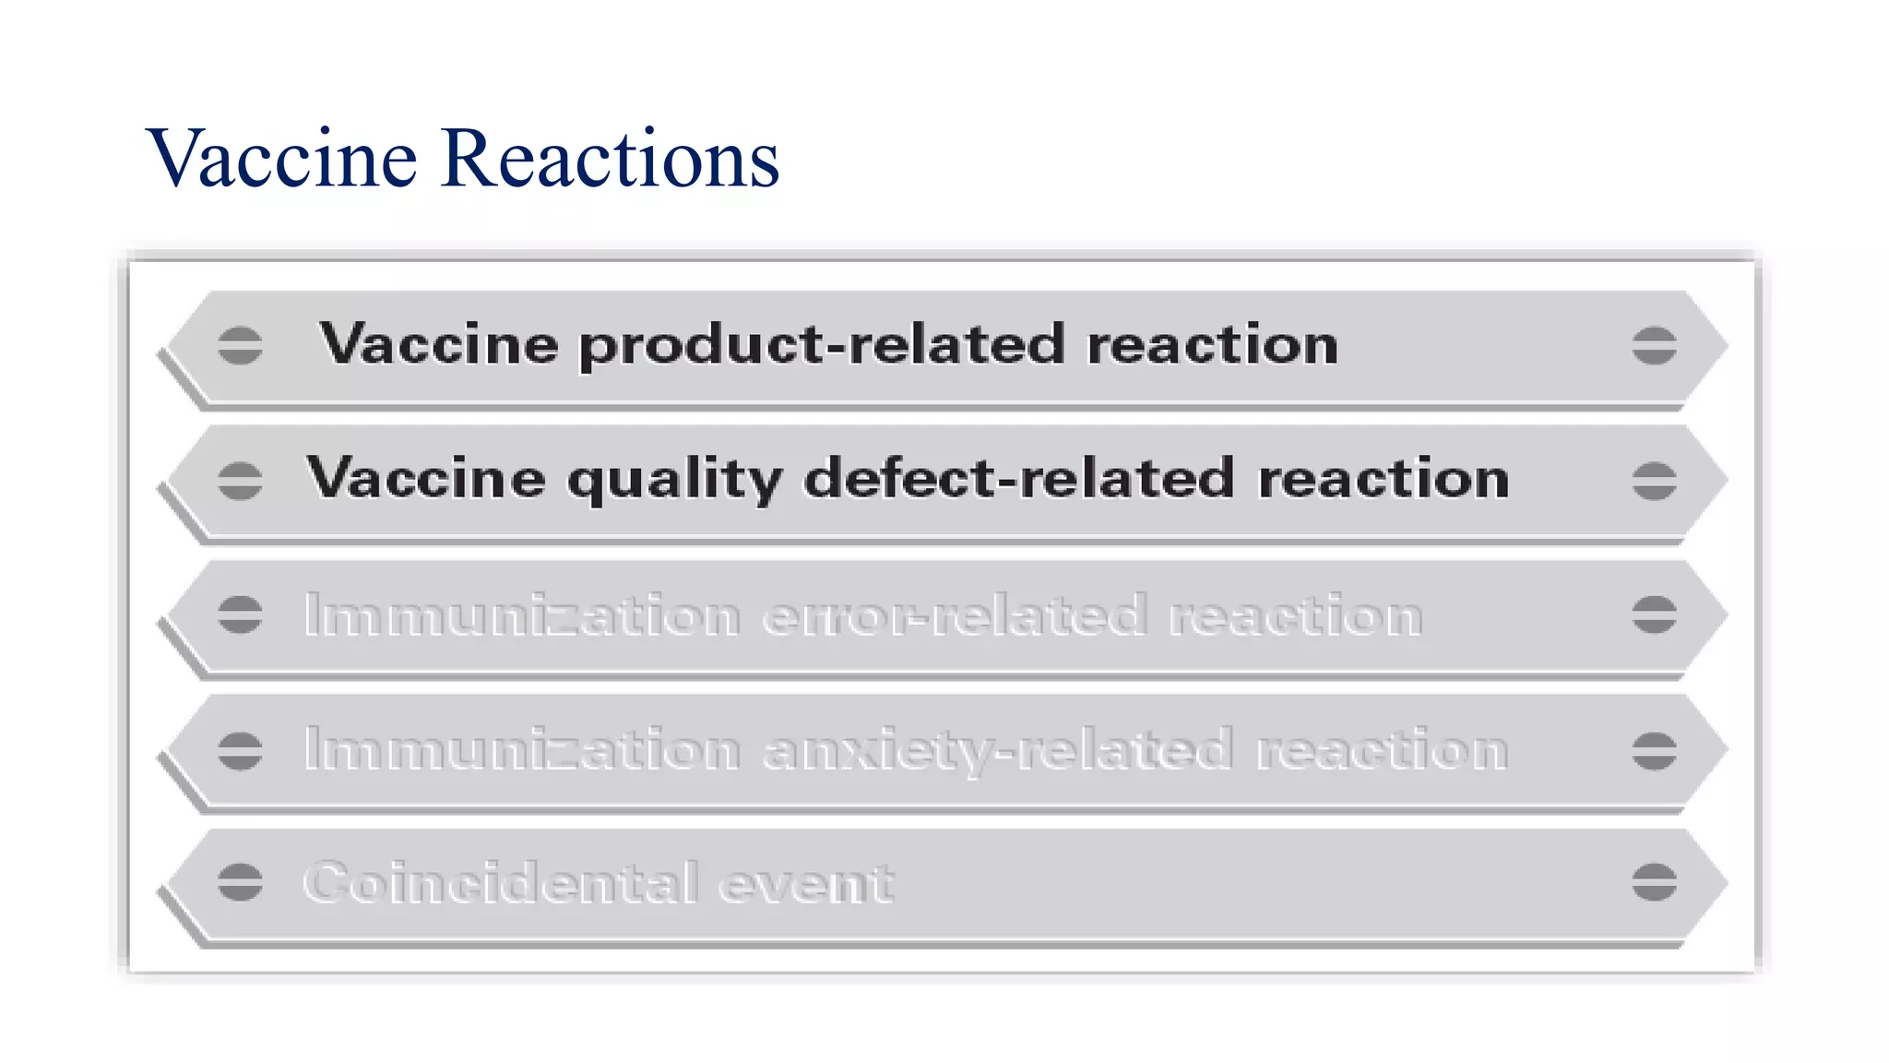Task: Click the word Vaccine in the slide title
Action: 282,159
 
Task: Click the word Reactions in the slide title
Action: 610,159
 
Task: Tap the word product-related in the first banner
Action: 822,345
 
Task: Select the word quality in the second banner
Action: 674,480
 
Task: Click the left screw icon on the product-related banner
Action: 240,346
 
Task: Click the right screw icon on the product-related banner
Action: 1654,346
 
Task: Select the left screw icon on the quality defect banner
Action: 240,481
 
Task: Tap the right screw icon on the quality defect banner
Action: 1654,481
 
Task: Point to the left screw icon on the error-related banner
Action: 240,615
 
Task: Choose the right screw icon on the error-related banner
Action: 1654,615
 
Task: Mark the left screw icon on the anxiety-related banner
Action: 240,750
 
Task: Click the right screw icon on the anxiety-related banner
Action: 1654,750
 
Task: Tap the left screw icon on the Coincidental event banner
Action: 240,882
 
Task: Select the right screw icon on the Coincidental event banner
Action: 1654,882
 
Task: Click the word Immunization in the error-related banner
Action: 522,615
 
